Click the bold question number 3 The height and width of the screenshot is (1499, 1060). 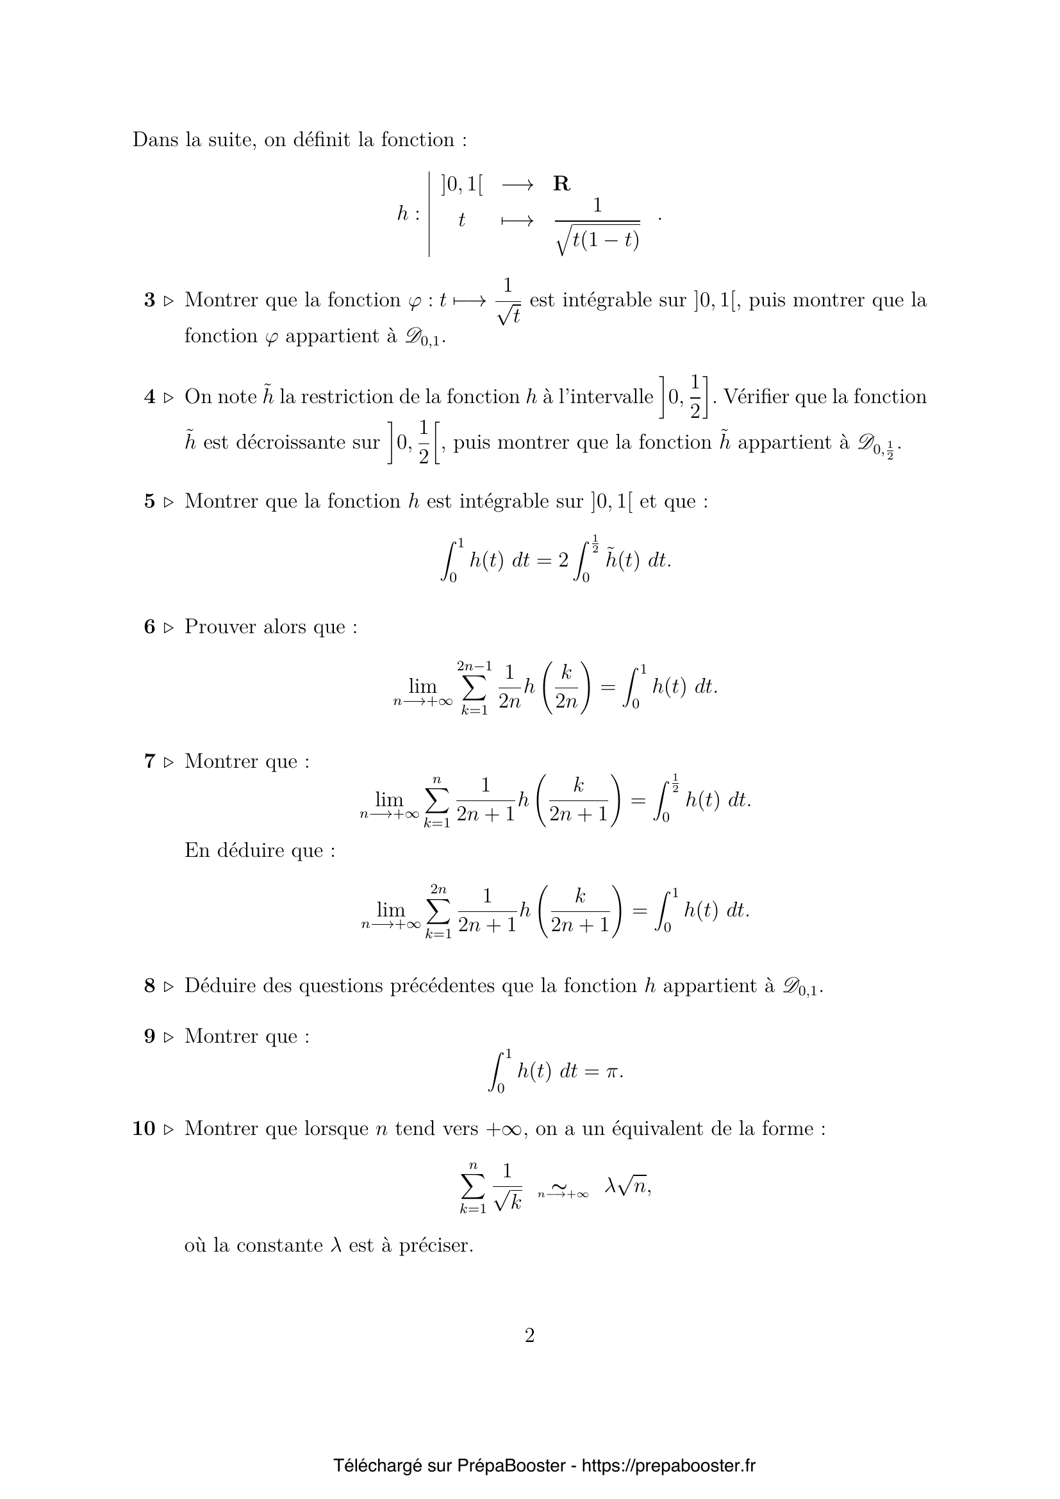[x=149, y=301]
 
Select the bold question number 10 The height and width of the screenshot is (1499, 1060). [x=144, y=1128]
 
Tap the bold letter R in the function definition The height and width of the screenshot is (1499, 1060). [x=561, y=184]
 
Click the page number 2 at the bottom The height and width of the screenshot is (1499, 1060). [x=529, y=1335]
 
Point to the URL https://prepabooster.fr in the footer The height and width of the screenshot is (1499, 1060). [x=668, y=1466]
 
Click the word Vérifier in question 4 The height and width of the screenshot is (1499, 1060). [x=754, y=397]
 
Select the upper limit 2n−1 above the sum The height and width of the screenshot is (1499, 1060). [x=474, y=666]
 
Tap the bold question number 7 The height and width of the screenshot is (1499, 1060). [x=149, y=761]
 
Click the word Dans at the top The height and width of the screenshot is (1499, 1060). [x=154, y=140]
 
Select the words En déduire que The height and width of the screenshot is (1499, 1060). [x=260, y=850]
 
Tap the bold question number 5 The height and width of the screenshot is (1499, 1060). [x=149, y=501]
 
